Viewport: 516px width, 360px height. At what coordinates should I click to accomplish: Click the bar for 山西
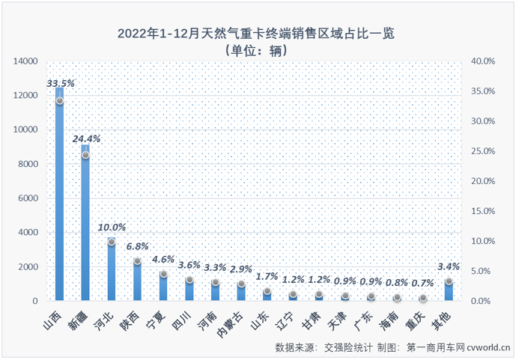tap(59, 195)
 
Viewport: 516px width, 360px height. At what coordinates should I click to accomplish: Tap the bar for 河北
tap(112, 269)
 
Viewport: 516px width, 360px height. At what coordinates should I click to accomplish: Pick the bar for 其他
tap(449, 291)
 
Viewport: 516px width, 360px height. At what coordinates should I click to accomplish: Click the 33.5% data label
tap(59, 83)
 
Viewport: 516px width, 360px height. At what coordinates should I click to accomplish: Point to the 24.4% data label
tap(85, 138)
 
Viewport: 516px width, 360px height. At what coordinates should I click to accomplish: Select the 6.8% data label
tap(138, 245)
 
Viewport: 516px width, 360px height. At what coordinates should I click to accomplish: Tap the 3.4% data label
tap(449, 266)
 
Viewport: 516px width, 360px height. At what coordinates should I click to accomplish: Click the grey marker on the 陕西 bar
tap(138, 261)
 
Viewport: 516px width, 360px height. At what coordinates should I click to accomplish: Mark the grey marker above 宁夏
tap(163, 275)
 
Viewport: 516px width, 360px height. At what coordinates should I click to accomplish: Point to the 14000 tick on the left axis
tap(26, 61)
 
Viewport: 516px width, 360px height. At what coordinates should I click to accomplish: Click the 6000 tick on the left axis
tap(29, 198)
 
